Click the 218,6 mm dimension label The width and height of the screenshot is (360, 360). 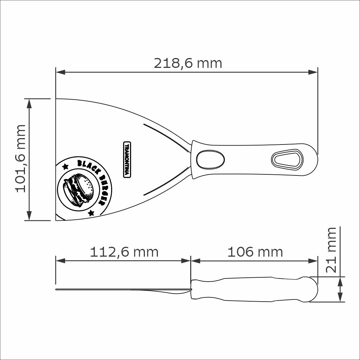(188, 63)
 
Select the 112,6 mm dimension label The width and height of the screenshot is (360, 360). (124, 252)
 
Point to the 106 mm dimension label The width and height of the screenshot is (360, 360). (255, 252)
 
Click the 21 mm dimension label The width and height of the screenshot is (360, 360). (331, 250)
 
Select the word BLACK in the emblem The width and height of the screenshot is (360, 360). (88, 166)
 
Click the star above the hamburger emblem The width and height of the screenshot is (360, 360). (65, 166)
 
